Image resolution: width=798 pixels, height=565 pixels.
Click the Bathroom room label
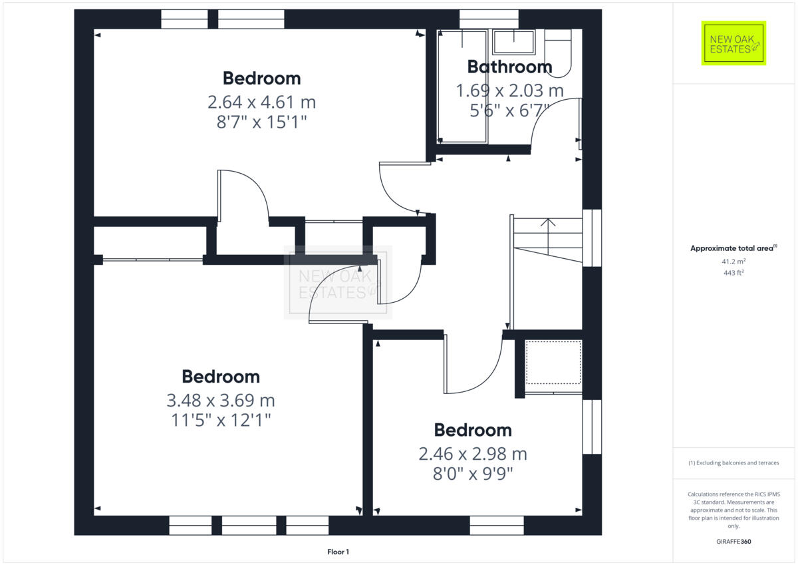pyautogui.click(x=509, y=67)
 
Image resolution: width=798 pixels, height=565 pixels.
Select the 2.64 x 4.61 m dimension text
pyautogui.click(x=261, y=102)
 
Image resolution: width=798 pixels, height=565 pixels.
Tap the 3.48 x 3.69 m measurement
pyautogui.click(x=220, y=401)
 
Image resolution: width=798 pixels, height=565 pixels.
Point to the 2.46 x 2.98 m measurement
pyautogui.click(x=472, y=454)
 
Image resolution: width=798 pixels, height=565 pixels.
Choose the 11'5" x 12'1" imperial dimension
pyautogui.click(x=220, y=420)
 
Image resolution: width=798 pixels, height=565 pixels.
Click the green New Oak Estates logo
pyautogui.click(x=733, y=43)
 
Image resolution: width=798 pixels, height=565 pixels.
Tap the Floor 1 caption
pyautogui.click(x=338, y=552)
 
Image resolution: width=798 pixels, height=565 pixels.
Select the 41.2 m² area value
pyautogui.click(x=733, y=262)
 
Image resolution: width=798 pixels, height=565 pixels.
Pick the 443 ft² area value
pyautogui.click(x=733, y=273)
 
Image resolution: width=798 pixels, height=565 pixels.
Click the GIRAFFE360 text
pyautogui.click(x=733, y=542)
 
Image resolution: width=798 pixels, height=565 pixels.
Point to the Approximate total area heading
pyautogui.click(x=733, y=248)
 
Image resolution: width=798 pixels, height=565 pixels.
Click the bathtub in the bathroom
pyautogui.click(x=462, y=87)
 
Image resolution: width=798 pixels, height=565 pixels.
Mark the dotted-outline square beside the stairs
pyautogui.click(x=553, y=363)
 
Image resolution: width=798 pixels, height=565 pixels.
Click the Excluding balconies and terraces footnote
pyautogui.click(x=733, y=463)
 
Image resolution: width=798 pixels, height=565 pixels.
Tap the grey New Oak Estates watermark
pyautogui.click(x=338, y=282)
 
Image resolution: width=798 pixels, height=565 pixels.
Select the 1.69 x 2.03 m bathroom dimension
pyautogui.click(x=509, y=90)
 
